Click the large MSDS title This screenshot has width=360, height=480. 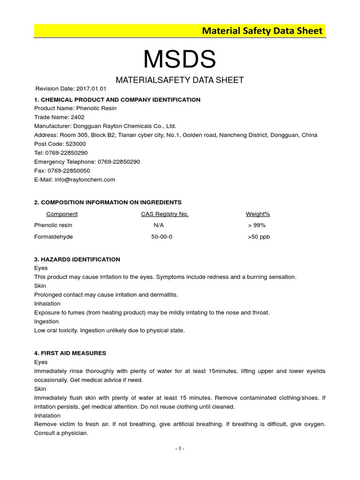180,60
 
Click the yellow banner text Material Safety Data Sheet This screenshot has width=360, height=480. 262,31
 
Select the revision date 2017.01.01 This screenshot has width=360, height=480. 91,89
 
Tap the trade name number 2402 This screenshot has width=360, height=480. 77,117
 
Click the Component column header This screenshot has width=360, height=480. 62,214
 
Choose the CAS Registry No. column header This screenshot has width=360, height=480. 165,214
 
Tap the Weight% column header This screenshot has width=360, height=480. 258,214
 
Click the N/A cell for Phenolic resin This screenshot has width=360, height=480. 158,225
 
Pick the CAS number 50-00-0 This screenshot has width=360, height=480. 162,237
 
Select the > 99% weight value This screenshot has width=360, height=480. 257,225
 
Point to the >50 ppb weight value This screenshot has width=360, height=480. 259,237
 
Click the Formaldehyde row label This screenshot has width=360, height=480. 53,237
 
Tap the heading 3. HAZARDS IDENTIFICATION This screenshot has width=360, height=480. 77,259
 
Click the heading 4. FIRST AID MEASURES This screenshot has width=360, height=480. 70,353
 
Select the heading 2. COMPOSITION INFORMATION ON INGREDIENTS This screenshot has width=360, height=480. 108,202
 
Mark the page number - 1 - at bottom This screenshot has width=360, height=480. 180,449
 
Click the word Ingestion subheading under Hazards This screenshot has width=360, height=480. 46,322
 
